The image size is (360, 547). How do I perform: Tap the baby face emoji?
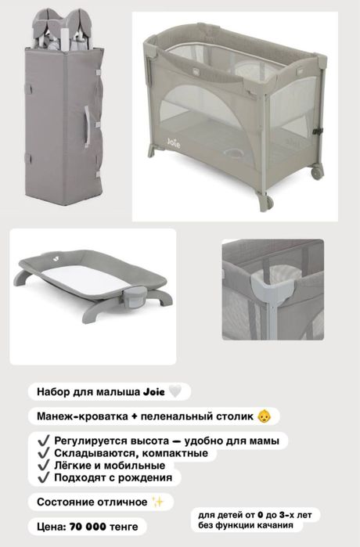265,416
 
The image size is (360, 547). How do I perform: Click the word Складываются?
93,452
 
